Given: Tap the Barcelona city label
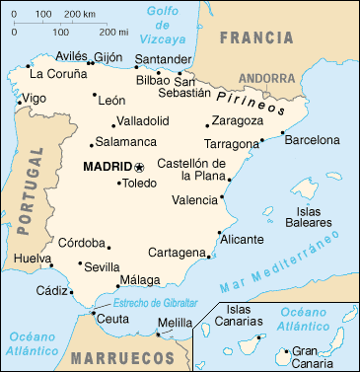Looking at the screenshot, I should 312,140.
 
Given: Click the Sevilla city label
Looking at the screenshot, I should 104,266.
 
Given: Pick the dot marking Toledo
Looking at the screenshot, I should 118,183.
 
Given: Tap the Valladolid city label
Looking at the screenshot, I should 143,120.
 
